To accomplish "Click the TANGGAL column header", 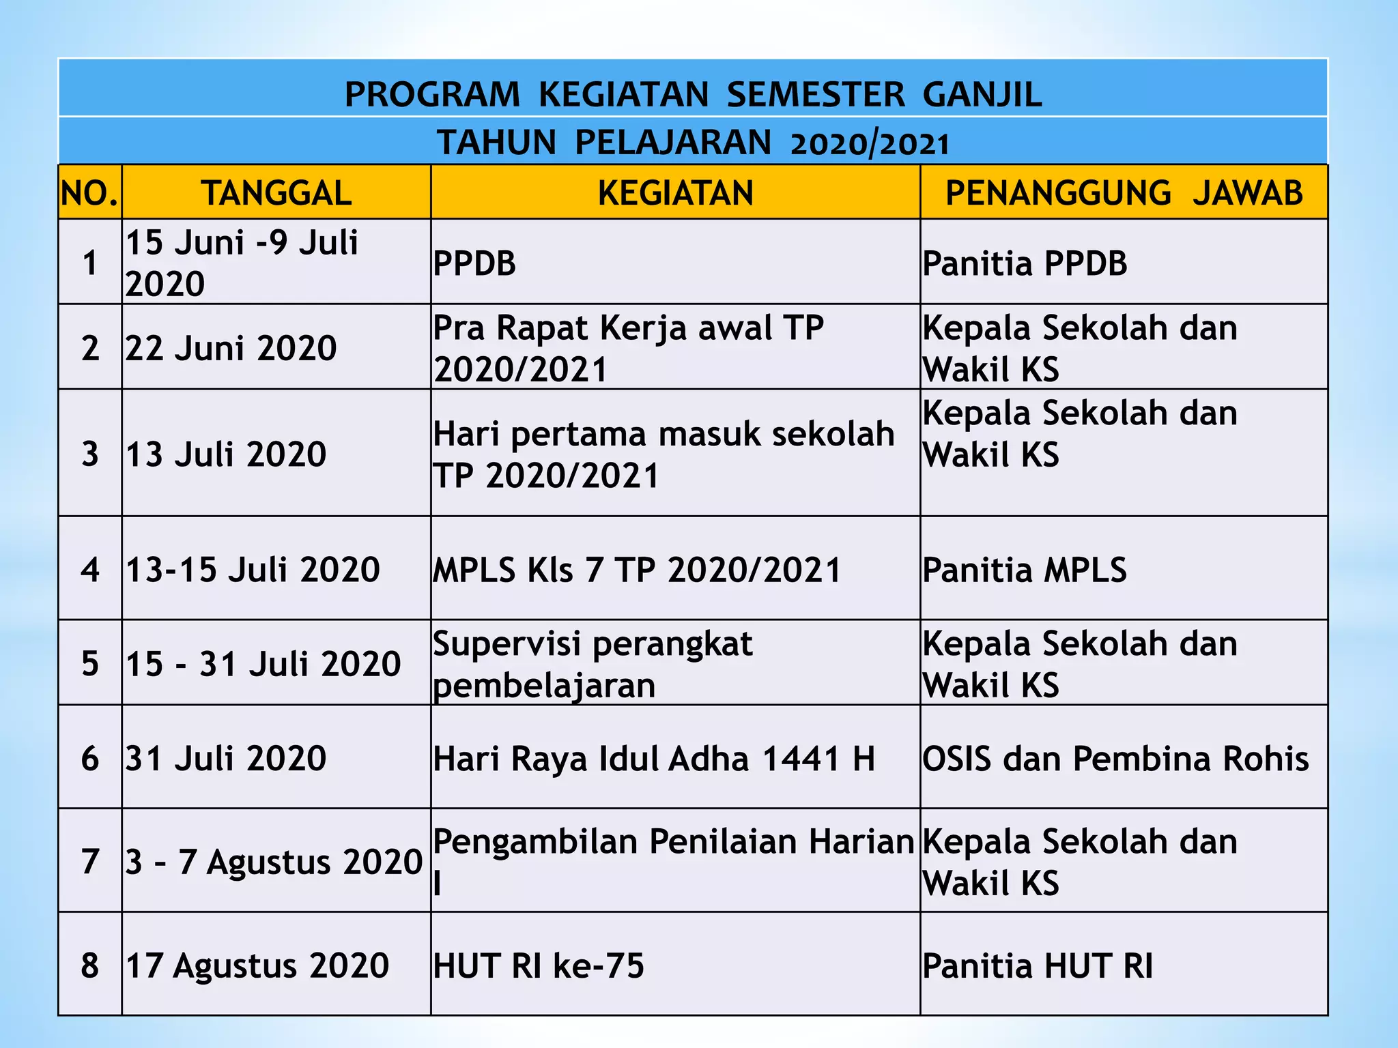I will coord(276,193).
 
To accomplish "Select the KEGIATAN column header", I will coord(675,193).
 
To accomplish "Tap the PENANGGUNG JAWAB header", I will coord(1124,193).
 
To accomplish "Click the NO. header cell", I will coord(89,194).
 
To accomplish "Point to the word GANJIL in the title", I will coord(982,95).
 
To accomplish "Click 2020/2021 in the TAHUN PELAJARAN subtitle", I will coord(870,144).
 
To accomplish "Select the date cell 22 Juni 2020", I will coord(231,348).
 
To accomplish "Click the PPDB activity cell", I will coord(475,263).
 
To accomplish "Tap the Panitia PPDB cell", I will coord(1025,263).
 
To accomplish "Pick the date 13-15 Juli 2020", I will coord(253,570).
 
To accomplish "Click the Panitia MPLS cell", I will coord(1024,570).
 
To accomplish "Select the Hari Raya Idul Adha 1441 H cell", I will coord(654,758).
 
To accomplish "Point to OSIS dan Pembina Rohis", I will coord(1115,758).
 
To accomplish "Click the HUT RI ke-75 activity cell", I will coord(539,965).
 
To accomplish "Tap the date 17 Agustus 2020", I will coord(257,965).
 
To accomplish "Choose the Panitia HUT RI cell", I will coord(1038,965).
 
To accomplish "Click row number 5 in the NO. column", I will coord(90,663).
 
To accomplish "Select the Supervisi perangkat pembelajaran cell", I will coord(593,664).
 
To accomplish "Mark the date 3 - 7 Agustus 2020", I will coord(274,861).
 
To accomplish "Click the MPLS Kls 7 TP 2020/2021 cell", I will coord(637,570).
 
